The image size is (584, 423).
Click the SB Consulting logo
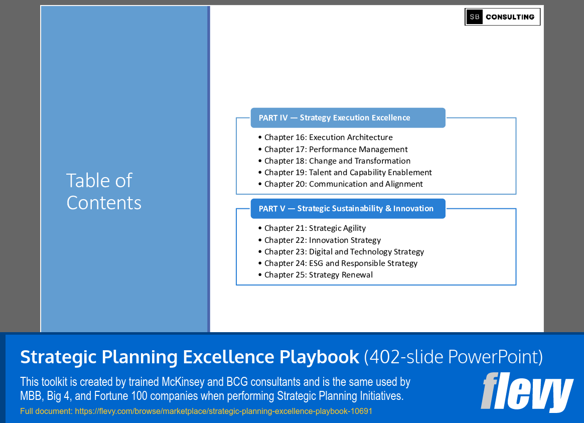[x=502, y=17]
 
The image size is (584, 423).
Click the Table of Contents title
[x=104, y=191]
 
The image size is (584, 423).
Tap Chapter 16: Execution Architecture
[x=328, y=137]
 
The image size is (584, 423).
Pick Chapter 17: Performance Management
[x=336, y=150]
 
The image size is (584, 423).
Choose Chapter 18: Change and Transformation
[x=337, y=161]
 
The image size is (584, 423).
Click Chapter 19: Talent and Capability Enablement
[x=348, y=173]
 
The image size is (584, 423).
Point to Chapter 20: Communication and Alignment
[x=343, y=184]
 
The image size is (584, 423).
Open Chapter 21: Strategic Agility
[x=315, y=228]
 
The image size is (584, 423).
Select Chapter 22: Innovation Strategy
[x=323, y=240]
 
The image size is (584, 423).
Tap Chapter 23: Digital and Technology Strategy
[x=344, y=252]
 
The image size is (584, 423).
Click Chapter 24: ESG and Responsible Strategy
[x=341, y=263]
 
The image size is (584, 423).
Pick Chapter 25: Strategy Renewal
[x=319, y=275]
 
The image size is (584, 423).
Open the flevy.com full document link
[x=223, y=411]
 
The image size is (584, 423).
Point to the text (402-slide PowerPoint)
[x=453, y=357]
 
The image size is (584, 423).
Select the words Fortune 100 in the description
[x=102, y=396]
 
